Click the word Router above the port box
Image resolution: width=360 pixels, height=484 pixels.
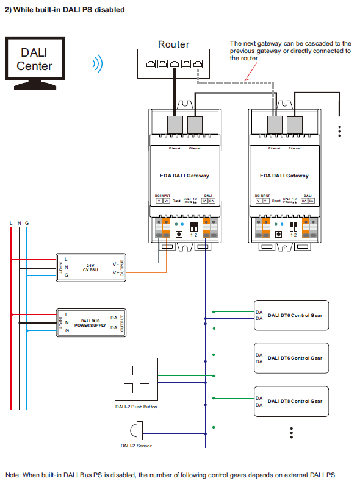[x=174, y=44]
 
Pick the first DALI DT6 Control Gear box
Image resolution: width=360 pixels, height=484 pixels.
[x=290, y=315]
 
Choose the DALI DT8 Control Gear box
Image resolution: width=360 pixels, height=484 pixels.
[x=290, y=401]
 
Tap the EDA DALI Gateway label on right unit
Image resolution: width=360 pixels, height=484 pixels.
[x=284, y=176]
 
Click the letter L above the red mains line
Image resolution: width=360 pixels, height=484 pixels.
[x=11, y=223]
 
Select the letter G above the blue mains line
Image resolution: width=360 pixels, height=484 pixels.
[x=27, y=223]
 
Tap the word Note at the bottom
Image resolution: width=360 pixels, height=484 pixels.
[x=13, y=475]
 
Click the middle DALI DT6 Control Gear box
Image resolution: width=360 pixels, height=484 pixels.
[x=290, y=358]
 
